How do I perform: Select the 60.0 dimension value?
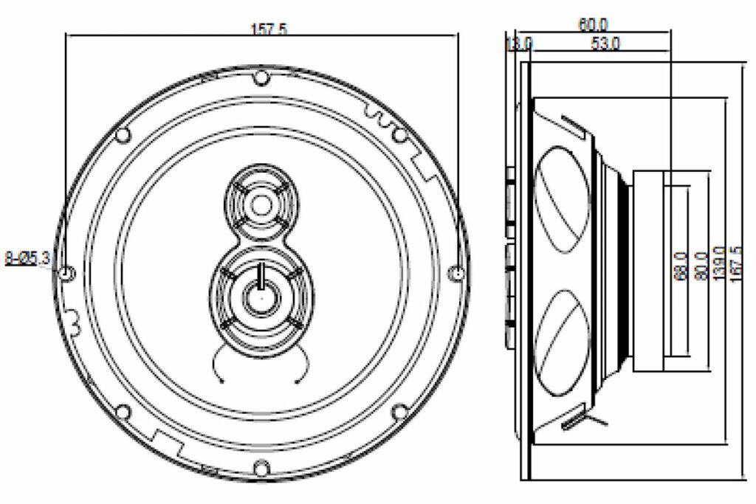click(x=594, y=24)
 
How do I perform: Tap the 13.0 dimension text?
click(x=519, y=44)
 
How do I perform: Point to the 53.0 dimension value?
click(x=605, y=44)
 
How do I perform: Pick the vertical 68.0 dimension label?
click(x=681, y=264)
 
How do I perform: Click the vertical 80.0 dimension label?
click(x=701, y=264)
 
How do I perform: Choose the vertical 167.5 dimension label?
click(x=735, y=259)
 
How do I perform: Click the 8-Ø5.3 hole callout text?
click(x=27, y=258)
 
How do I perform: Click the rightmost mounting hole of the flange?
click(x=457, y=274)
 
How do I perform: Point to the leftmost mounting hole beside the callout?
click(x=66, y=274)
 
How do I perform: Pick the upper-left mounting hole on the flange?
click(x=123, y=134)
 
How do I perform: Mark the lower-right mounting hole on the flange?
click(x=399, y=411)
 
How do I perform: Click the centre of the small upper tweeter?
click(x=260, y=202)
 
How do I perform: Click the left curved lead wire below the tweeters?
click(x=216, y=366)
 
